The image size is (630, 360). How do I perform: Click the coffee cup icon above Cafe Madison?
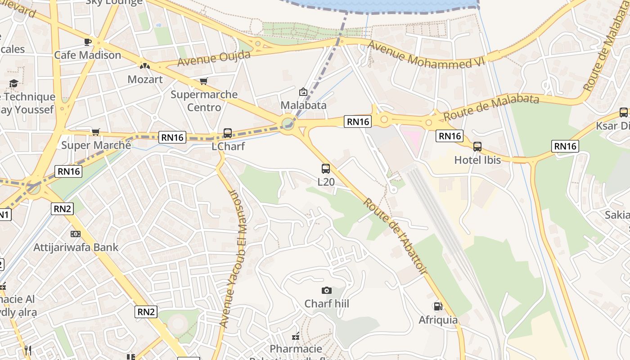(x=88, y=42)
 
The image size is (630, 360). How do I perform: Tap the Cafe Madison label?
(x=87, y=55)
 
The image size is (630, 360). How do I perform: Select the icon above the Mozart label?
(x=144, y=66)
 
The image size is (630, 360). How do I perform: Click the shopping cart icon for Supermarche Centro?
(x=203, y=81)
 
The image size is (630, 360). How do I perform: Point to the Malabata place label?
(x=303, y=105)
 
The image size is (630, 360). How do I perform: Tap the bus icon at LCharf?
(x=228, y=133)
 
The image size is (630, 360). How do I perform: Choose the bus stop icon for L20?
(x=326, y=169)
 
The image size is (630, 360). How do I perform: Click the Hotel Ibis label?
(x=477, y=160)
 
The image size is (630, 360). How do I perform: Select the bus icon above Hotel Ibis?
(x=477, y=146)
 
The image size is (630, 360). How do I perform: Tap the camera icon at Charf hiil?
(x=327, y=290)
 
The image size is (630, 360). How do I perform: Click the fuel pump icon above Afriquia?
(x=438, y=306)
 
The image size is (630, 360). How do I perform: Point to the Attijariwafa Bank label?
(x=76, y=247)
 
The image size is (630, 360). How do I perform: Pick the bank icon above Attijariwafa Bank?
(x=76, y=234)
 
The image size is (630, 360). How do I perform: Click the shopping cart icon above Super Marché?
(x=95, y=132)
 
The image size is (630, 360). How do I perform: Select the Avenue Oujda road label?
(x=214, y=58)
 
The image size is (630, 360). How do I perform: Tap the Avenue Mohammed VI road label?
(x=426, y=56)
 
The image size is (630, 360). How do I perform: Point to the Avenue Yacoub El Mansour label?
(x=234, y=258)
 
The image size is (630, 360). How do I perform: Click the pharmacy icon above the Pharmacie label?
(x=296, y=336)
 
